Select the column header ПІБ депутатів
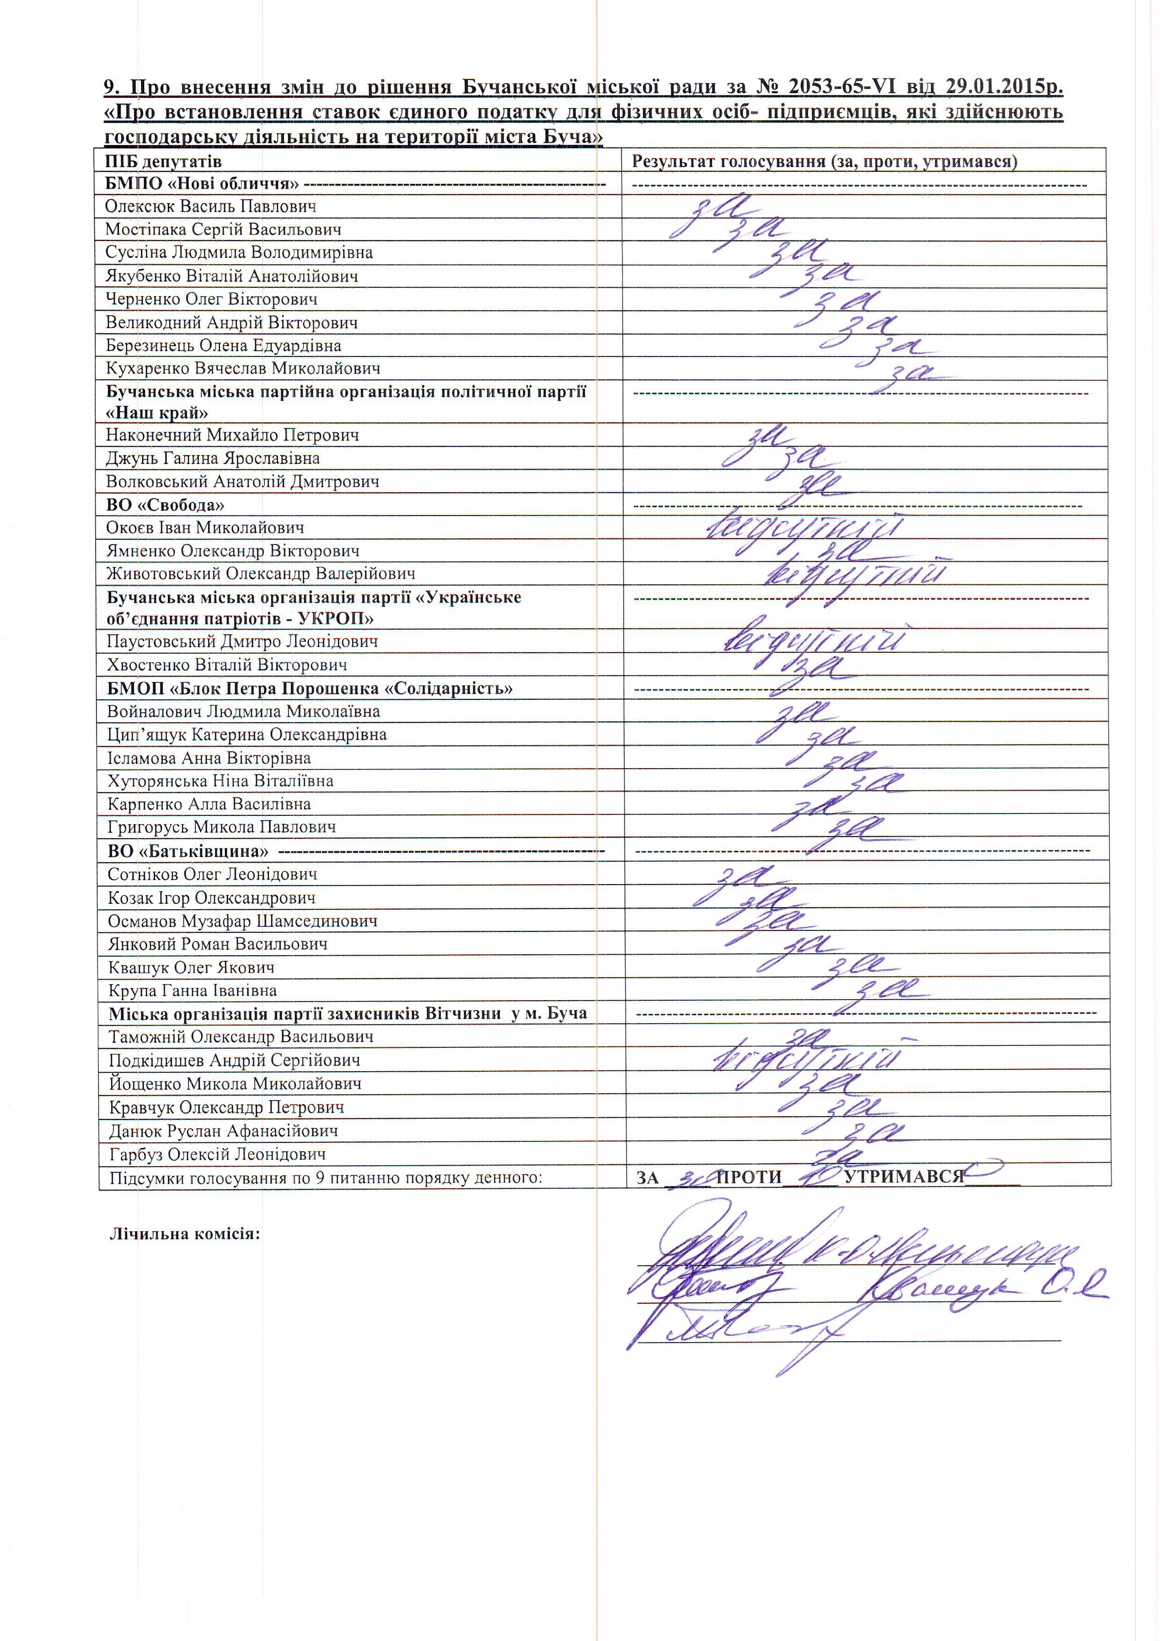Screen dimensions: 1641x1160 click(163, 161)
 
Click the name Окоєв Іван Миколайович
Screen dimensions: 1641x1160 click(205, 528)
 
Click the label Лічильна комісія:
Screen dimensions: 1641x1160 click(184, 1234)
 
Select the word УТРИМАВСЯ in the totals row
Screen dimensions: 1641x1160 click(904, 1177)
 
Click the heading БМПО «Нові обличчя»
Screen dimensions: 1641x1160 click(202, 184)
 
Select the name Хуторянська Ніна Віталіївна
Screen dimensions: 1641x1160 click(220, 780)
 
